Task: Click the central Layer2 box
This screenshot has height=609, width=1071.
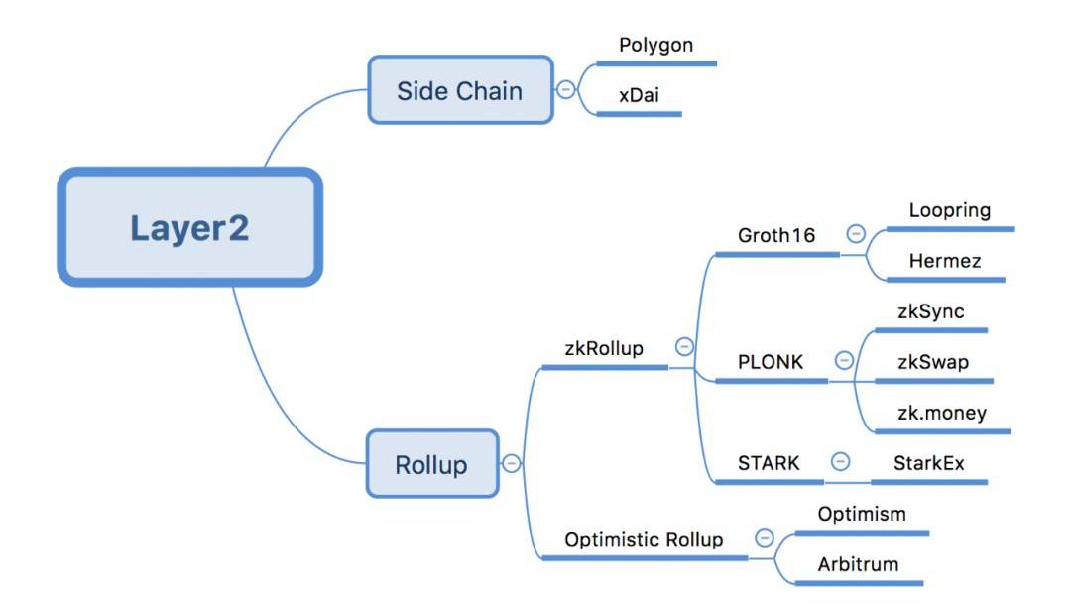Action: (189, 227)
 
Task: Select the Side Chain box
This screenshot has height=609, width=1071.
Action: (460, 90)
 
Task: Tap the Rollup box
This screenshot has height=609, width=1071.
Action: (431, 464)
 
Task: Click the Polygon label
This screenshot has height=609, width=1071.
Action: (655, 46)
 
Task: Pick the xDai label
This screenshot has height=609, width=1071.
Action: (640, 96)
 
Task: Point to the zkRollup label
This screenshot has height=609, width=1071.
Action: (604, 348)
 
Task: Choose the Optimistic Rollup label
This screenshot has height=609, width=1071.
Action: (644, 540)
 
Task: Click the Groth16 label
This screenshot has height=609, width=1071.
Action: (777, 236)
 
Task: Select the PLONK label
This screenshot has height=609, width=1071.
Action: (771, 362)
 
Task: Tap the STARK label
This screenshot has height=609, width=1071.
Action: (769, 463)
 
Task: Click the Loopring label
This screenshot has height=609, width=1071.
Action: (949, 210)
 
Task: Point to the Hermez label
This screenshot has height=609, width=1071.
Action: (944, 262)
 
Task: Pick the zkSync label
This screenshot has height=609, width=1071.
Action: (928, 312)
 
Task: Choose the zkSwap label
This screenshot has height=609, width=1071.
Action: (931, 362)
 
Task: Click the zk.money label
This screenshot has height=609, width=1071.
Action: (940, 413)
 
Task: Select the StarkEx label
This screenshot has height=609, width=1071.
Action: (928, 463)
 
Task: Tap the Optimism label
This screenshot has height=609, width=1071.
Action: (862, 515)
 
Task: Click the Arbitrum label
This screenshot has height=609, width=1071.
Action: (858, 565)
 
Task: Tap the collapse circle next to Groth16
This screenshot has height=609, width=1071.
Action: (856, 234)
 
